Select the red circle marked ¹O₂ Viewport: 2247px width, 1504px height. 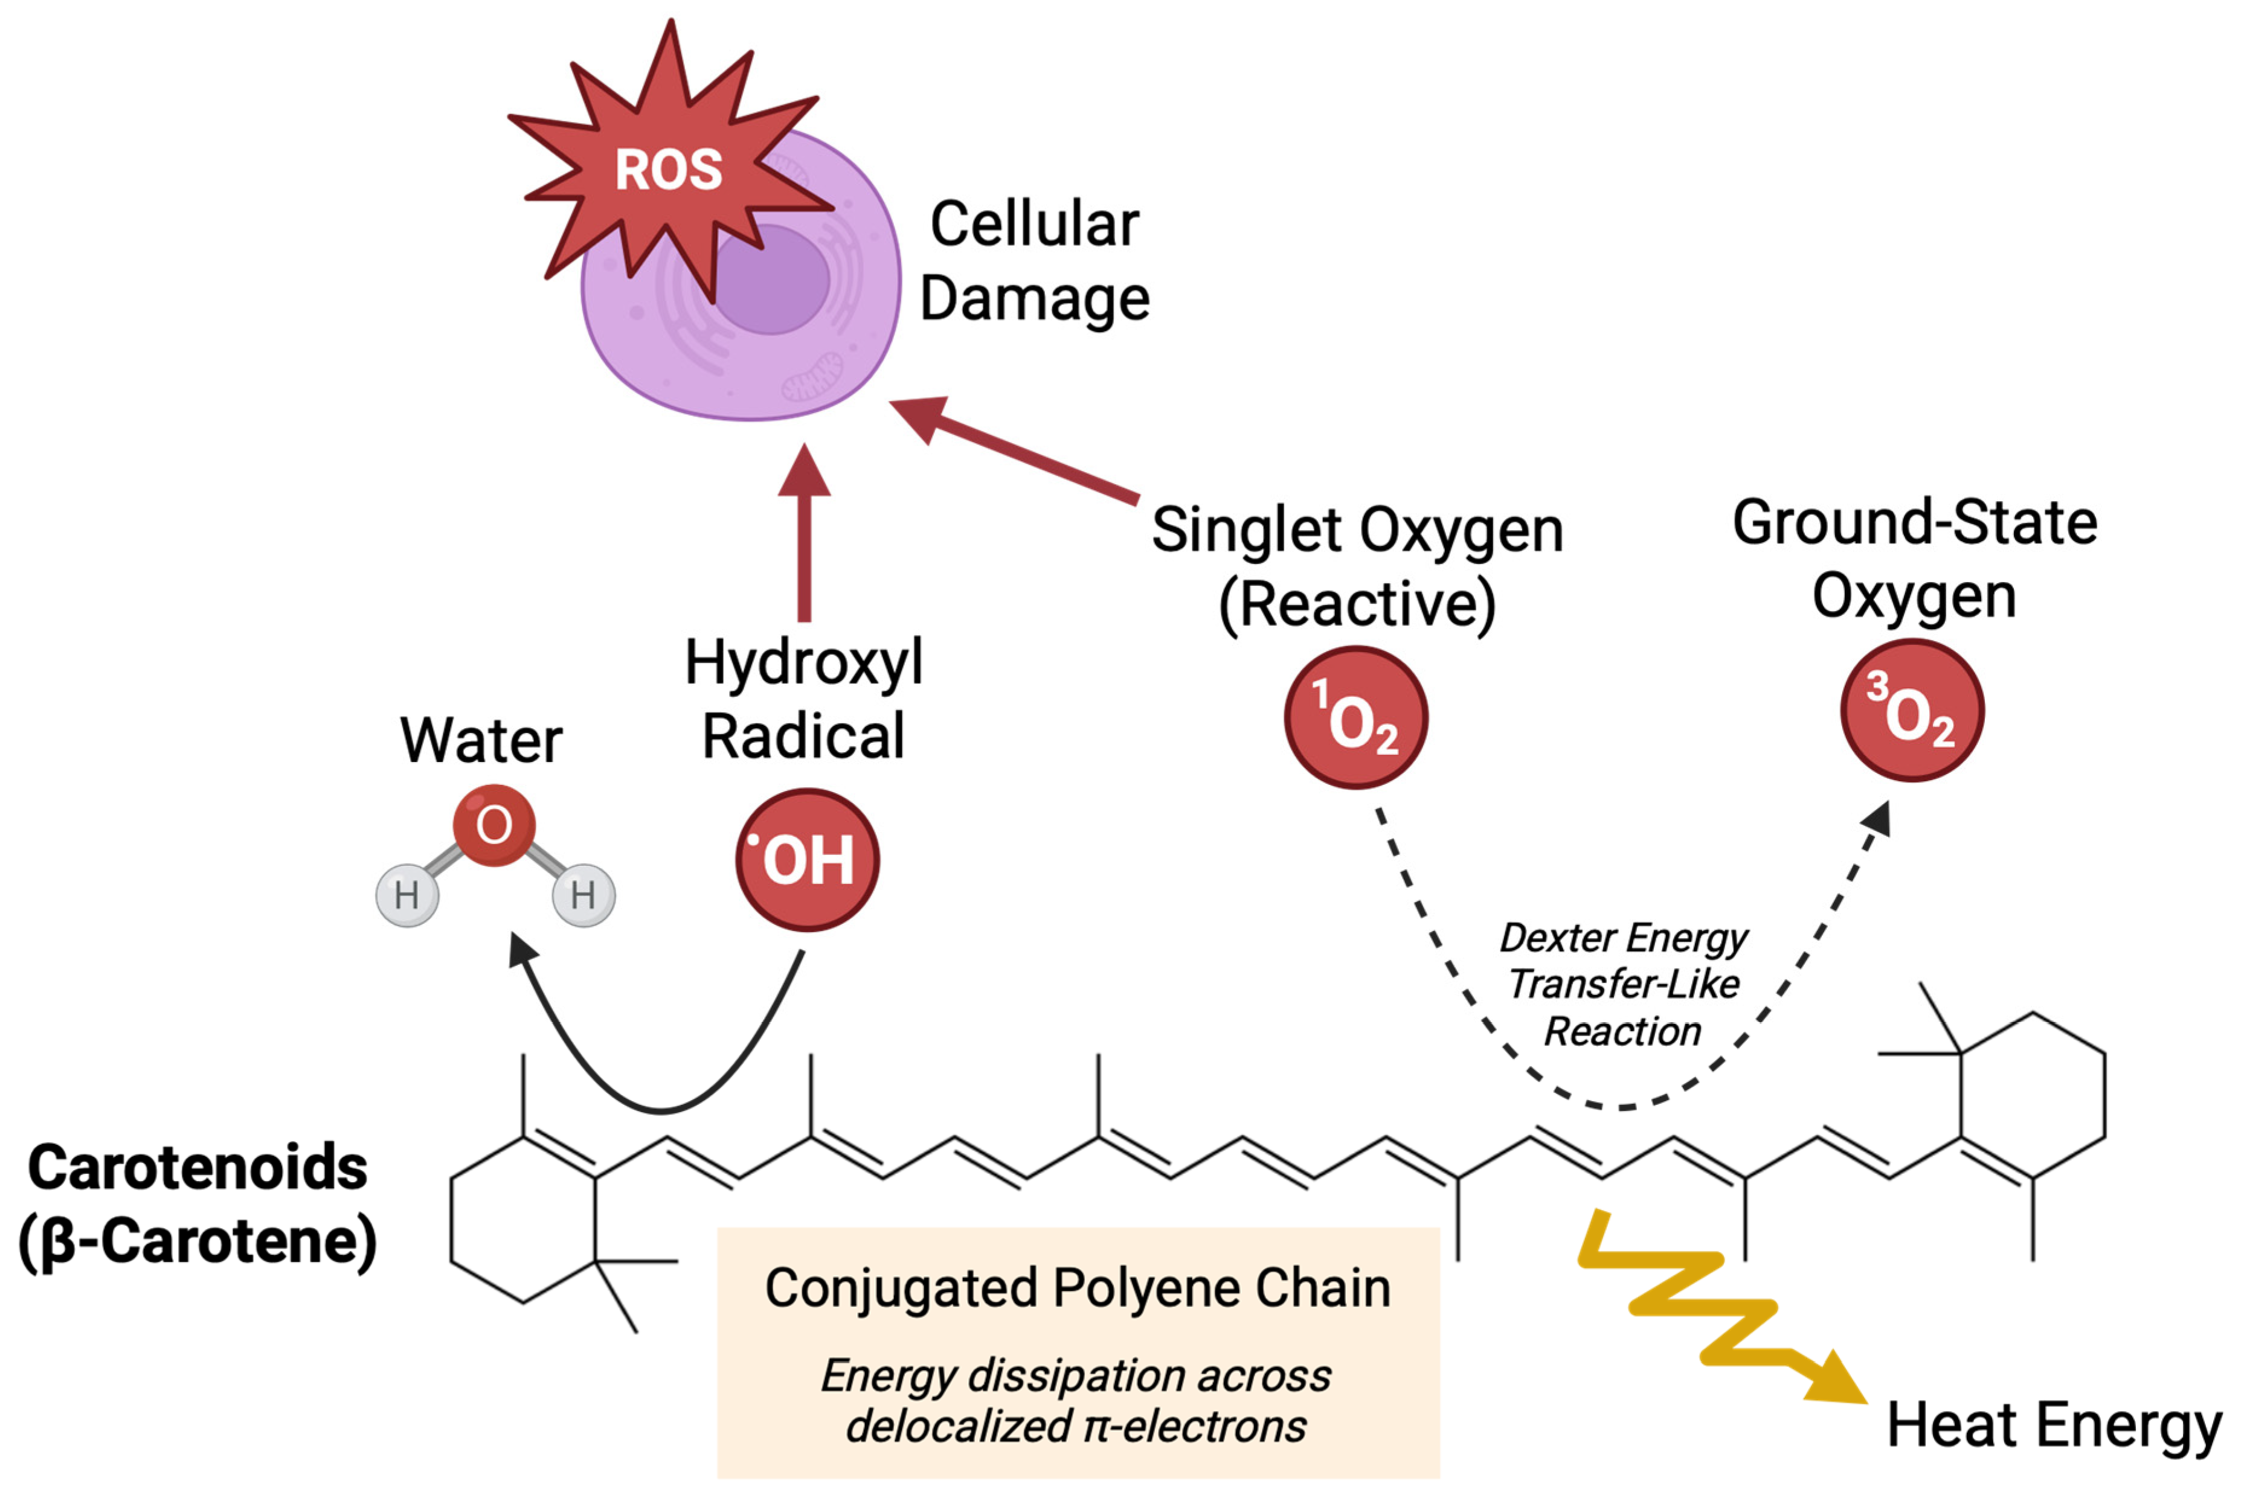[x=1355, y=717]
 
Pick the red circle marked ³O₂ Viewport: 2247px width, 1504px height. [x=1912, y=711]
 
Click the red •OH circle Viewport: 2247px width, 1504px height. [x=807, y=859]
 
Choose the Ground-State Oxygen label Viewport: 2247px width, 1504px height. [x=1914, y=558]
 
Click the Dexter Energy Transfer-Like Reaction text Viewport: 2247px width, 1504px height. [x=1624, y=984]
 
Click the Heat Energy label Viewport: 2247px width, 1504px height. [x=2053, y=1426]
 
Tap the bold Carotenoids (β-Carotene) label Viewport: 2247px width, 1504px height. [x=198, y=1205]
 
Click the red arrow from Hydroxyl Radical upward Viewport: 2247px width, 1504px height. [x=804, y=537]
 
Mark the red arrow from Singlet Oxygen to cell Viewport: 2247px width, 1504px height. [x=1017, y=451]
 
